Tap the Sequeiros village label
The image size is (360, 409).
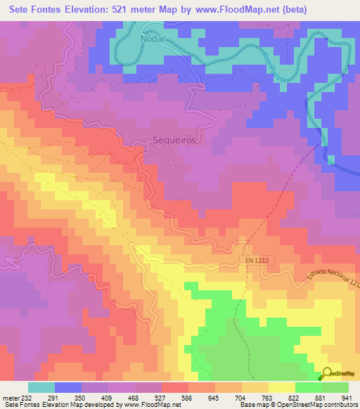(173, 140)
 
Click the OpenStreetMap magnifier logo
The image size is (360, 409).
(328, 376)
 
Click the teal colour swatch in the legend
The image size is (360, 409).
(41, 387)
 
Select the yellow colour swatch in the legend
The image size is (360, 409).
(281, 387)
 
